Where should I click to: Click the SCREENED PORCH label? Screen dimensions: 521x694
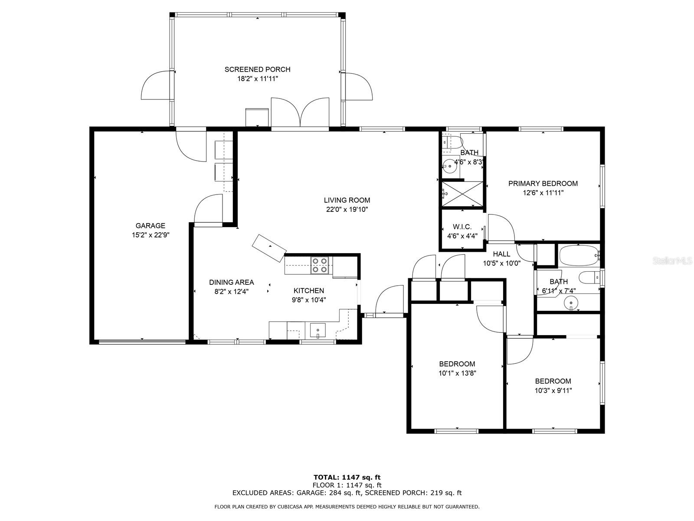click(x=257, y=69)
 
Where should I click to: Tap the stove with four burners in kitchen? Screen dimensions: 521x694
click(x=320, y=265)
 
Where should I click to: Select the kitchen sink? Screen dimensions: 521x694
click(x=318, y=331)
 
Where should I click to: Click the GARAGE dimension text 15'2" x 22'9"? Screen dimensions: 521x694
click(x=150, y=235)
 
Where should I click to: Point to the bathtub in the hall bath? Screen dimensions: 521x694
click(x=579, y=256)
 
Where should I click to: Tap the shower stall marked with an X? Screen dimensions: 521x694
click(x=462, y=194)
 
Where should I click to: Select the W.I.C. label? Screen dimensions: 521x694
click(x=462, y=227)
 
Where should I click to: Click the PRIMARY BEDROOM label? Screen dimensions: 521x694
click(x=543, y=184)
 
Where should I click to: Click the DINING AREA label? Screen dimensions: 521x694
click(x=231, y=282)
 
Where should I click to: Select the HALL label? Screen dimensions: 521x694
click(x=501, y=254)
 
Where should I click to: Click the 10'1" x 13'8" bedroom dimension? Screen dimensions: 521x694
click(x=457, y=373)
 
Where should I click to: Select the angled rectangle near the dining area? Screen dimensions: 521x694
click(x=269, y=248)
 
